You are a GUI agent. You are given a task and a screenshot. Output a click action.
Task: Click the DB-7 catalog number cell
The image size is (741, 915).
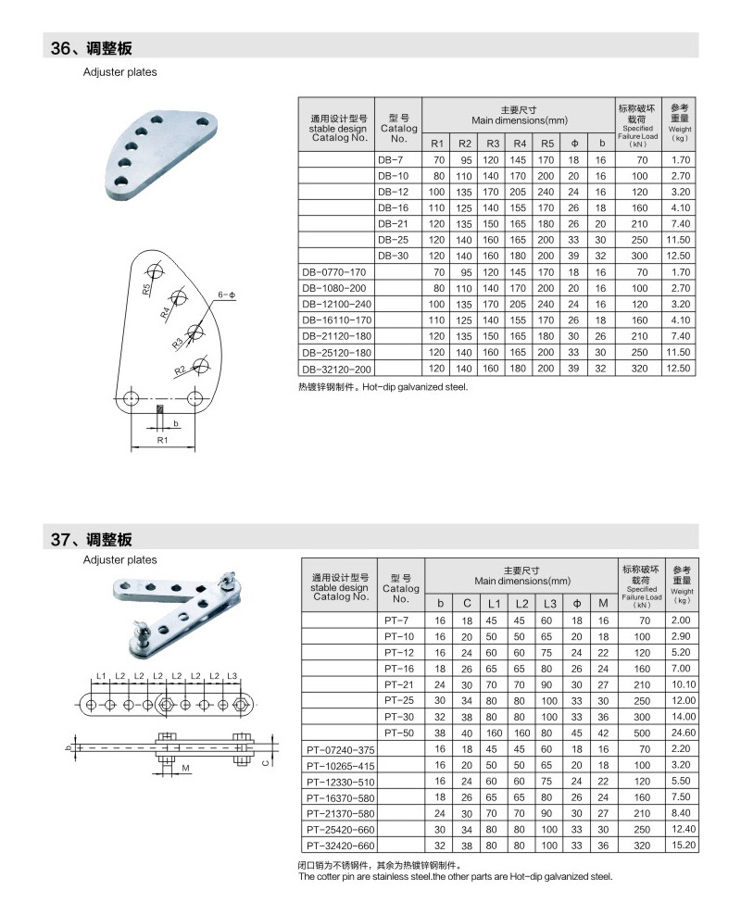tap(390, 160)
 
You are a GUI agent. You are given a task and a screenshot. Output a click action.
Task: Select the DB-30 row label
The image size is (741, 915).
tap(393, 256)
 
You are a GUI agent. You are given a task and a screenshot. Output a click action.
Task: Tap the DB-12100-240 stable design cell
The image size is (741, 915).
tap(336, 304)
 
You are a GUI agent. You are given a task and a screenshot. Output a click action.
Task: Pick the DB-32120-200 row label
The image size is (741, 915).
tap(336, 369)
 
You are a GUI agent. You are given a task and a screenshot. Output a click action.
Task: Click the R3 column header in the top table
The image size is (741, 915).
tap(493, 144)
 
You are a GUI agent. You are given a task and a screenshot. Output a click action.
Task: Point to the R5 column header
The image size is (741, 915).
tap(546, 144)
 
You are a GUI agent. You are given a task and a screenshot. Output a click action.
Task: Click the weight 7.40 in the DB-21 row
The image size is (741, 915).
tap(680, 223)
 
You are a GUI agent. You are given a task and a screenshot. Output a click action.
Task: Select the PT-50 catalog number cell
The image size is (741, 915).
tap(399, 733)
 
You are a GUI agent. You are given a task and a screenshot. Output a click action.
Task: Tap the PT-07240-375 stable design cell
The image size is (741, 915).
tap(340, 750)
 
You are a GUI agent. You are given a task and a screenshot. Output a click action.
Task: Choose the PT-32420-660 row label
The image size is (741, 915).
tap(340, 846)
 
